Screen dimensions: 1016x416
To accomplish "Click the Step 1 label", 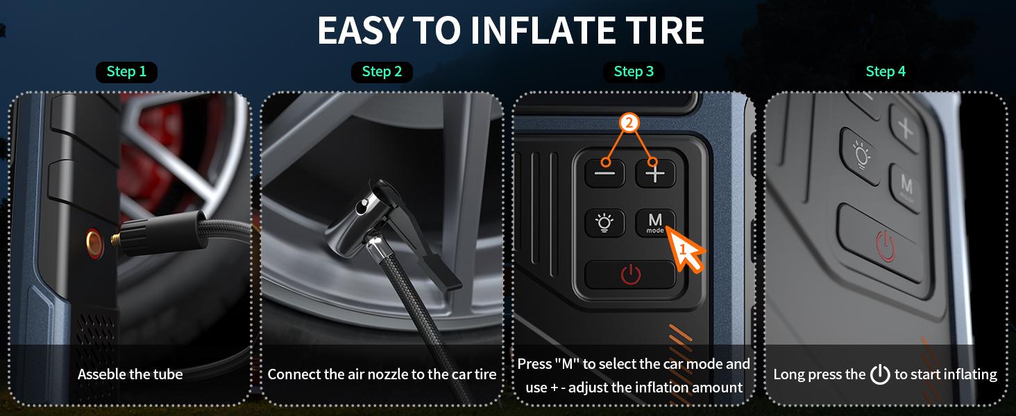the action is pyautogui.click(x=126, y=71).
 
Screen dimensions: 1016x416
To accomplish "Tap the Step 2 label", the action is pyautogui.click(x=382, y=71).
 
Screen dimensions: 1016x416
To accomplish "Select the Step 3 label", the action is pyautogui.click(x=634, y=71).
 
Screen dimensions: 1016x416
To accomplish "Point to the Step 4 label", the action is pyautogui.click(x=886, y=71).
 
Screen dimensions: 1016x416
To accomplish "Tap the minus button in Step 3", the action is pyautogui.click(x=605, y=173).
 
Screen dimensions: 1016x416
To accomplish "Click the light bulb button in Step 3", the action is pyautogui.click(x=604, y=223).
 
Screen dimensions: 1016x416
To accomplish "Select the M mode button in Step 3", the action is pyautogui.click(x=655, y=223).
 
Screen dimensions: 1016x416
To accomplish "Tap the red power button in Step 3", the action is pyautogui.click(x=630, y=275).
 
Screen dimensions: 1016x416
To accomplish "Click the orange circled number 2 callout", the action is pyautogui.click(x=629, y=123).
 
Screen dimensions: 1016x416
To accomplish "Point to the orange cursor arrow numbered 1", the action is pyautogui.click(x=685, y=250).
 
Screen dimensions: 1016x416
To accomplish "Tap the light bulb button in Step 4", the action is pyautogui.click(x=861, y=156).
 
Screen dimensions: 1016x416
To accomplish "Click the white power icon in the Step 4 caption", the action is pyautogui.click(x=880, y=374).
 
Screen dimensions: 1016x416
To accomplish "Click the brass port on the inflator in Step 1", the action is pyautogui.click(x=94, y=243).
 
